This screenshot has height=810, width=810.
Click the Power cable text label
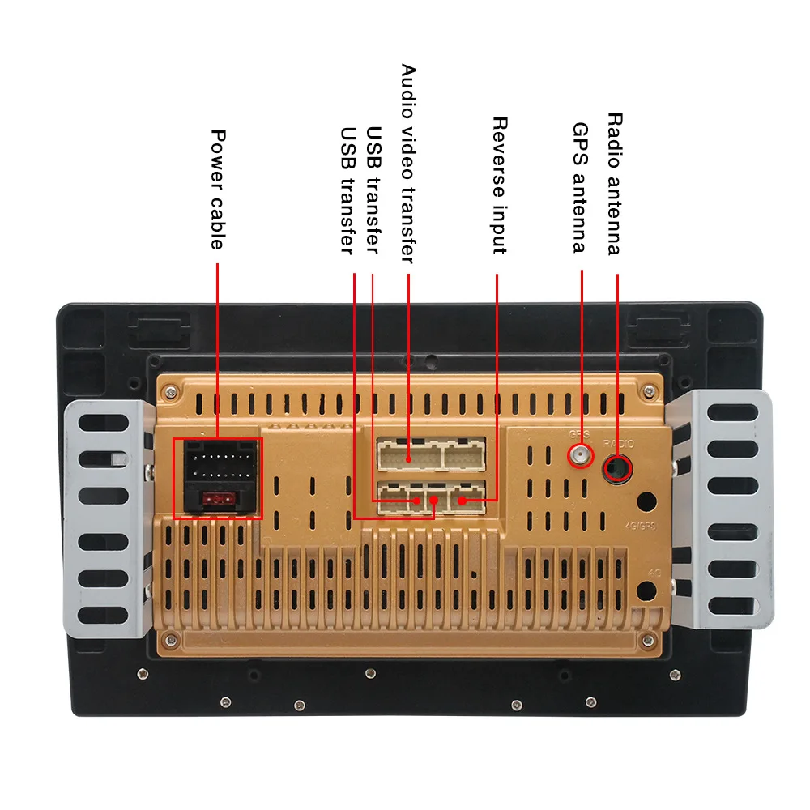(217, 190)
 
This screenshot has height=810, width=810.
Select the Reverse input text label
(499, 185)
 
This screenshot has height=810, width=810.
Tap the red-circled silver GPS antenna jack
(580, 457)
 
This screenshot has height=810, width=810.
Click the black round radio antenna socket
(618, 467)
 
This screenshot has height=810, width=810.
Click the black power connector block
(218, 478)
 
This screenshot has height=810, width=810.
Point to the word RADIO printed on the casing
(620, 443)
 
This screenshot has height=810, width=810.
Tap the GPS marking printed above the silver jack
(578, 435)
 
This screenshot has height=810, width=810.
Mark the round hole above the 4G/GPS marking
(646, 501)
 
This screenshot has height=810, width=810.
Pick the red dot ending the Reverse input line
(462, 501)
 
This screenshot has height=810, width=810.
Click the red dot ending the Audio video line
(408, 458)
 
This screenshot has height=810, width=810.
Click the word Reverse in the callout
(499, 150)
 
